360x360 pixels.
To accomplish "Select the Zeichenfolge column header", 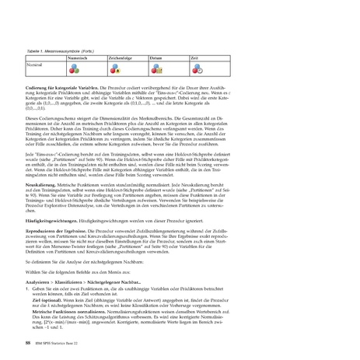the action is (x=121, y=58).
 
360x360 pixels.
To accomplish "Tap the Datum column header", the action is (x=156, y=58).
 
